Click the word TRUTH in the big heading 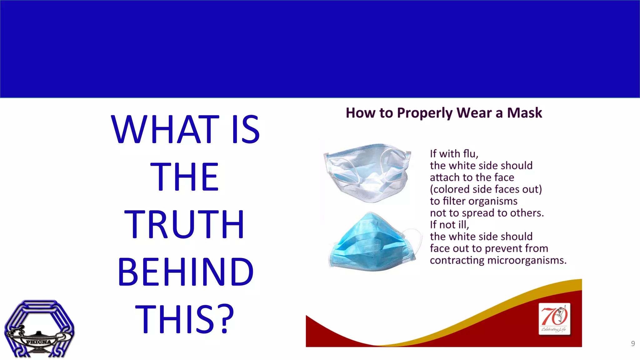click(184, 224)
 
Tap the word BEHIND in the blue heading click(186, 272)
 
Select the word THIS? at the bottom click(184, 319)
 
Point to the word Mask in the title click(524, 113)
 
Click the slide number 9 click(633, 343)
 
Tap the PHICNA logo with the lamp click(39, 329)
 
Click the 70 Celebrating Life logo click(554, 319)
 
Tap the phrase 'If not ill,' click(449, 225)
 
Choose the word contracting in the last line click(457, 260)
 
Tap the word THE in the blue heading click(184, 177)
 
